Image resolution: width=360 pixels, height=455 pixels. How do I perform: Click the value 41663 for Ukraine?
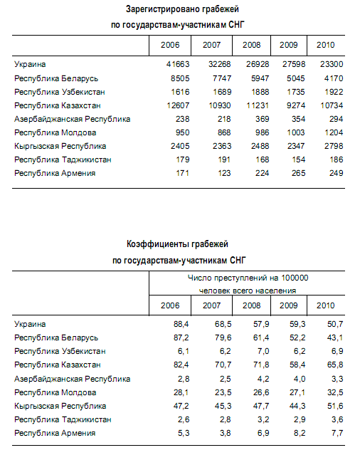178,64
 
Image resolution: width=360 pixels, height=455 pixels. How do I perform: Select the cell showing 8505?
180,78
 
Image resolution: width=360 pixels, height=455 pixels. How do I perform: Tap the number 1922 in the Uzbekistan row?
334,92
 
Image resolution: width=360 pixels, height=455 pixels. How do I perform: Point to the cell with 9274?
296,105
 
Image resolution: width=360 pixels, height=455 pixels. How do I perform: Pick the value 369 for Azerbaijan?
262,119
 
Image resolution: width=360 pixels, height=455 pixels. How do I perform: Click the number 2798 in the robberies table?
334,146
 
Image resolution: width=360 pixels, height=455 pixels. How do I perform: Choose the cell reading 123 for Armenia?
224,173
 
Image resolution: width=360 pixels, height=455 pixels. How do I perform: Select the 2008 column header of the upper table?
252,45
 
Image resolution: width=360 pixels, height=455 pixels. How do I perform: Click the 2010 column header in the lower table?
326,305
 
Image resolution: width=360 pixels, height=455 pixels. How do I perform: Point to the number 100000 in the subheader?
295,278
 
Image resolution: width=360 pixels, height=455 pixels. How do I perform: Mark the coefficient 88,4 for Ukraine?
181,324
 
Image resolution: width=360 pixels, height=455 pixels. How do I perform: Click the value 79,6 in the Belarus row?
223,338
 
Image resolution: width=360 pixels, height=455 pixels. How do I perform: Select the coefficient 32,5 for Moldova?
335,392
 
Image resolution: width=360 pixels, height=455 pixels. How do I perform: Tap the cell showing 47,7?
261,406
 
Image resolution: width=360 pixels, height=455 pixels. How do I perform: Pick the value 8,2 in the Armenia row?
300,433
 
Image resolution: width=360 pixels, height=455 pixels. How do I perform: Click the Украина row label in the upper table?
30,64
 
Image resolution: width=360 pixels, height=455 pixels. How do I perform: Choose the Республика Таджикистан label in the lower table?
63,420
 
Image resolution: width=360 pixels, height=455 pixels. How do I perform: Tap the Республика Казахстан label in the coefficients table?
58,365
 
